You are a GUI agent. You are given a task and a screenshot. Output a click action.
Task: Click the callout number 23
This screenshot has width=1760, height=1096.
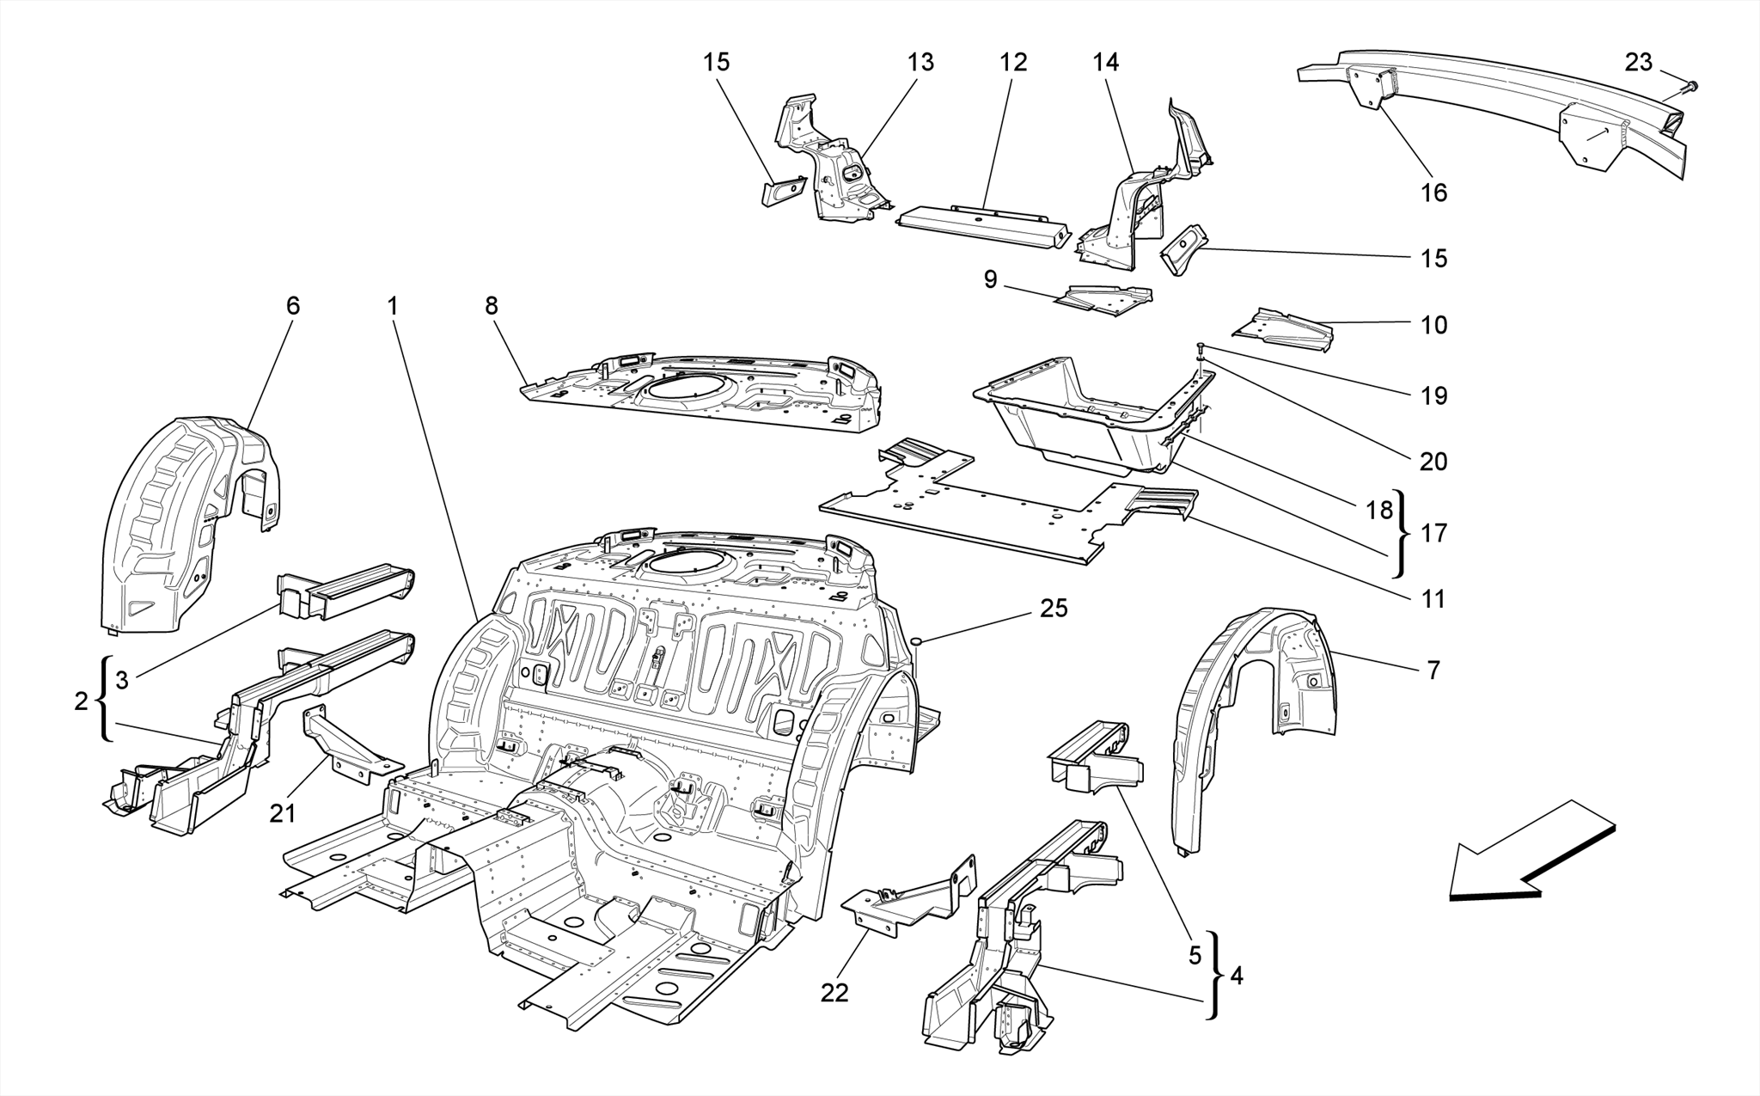1638,62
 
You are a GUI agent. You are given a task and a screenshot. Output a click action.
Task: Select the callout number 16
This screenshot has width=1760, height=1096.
1433,192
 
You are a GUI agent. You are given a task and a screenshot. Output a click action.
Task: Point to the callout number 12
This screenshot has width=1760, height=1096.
1013,62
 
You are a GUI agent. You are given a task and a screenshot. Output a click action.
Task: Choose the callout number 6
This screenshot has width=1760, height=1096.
293,306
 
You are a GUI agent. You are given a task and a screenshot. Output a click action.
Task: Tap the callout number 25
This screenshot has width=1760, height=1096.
1054,609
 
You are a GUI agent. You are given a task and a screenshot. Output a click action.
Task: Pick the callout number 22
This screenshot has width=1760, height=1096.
834,993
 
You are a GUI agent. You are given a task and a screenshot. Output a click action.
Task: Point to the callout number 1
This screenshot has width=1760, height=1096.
392,306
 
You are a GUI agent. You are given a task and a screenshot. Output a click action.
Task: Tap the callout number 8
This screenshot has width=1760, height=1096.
491,306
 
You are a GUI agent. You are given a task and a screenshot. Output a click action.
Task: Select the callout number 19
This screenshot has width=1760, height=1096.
1433,395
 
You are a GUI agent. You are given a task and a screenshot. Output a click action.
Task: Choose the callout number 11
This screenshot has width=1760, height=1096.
1433,599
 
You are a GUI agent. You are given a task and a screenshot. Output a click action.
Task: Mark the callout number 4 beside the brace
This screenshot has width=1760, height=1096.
1237,977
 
